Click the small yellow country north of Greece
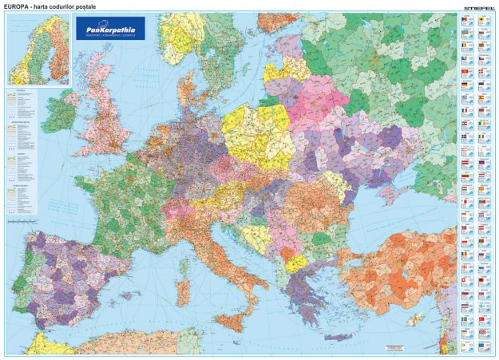pyautogui.click(x=295, y=263)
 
